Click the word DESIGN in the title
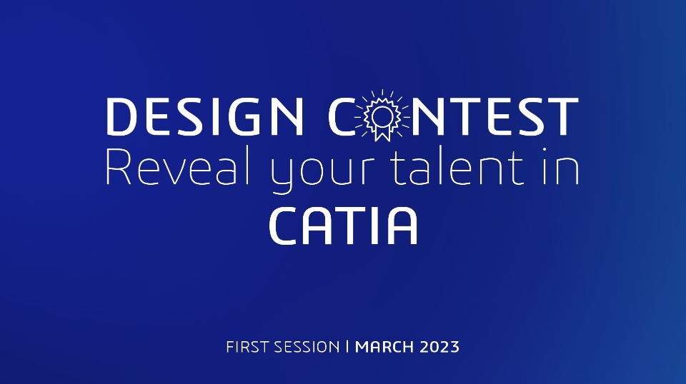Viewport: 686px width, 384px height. point(205,116)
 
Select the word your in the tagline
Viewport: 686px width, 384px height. point(323,174)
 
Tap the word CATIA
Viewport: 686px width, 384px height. point(344,226)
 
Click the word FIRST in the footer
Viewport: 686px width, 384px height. point(247,348)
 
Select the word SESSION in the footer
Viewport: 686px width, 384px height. point(307,348)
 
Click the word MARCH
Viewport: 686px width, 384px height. point(384,348)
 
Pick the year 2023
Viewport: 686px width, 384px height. point(439,348)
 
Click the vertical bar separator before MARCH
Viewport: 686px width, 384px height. point(347,347)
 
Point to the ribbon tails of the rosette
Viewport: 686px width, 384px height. point(382,134)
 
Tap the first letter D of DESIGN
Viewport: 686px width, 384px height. point(122,116)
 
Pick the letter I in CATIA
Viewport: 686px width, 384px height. point(374,226)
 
